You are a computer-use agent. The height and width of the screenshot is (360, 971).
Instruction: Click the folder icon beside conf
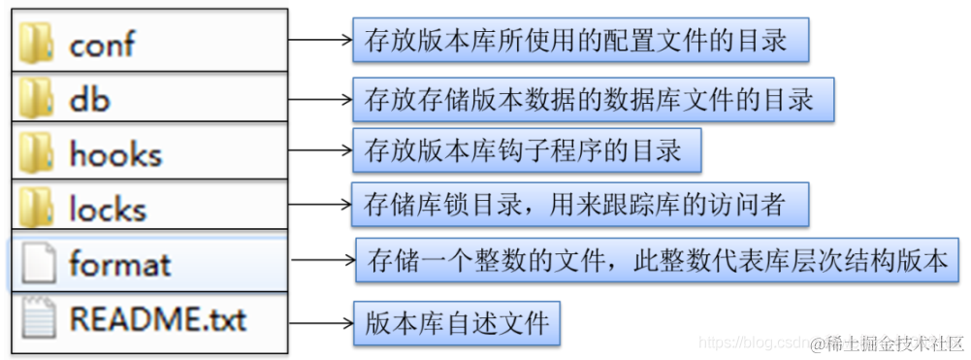(x=37, y=42)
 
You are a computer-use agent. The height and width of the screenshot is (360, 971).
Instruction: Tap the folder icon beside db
(x=37, y=97)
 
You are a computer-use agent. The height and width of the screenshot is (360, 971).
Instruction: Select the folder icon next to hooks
(x=37, y=152)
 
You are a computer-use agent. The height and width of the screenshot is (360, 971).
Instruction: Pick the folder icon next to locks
(x=37, y=208)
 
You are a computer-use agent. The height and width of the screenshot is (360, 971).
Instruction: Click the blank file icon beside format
(x=38, y=262)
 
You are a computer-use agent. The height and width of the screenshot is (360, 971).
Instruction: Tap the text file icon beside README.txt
(x=38, y=317)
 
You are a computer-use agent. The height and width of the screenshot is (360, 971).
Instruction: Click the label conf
(x=102, y=44)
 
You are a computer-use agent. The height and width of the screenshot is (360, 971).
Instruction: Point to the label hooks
(x=114, y=153)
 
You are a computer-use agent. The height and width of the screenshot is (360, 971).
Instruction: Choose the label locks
(x=108, y=208)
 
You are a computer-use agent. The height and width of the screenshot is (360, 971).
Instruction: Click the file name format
(x=120, y=263)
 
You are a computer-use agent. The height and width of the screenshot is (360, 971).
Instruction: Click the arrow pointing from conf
(x=320, y=41)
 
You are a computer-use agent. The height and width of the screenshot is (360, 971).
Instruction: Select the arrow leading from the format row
(x=323, y=260)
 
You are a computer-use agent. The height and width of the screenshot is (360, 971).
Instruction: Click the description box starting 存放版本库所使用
(x=579, y=41)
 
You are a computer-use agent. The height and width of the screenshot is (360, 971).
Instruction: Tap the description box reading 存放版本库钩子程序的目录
(x=526, y=150)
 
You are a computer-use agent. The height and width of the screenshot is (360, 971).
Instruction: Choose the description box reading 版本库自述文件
(x=456, y=320)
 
